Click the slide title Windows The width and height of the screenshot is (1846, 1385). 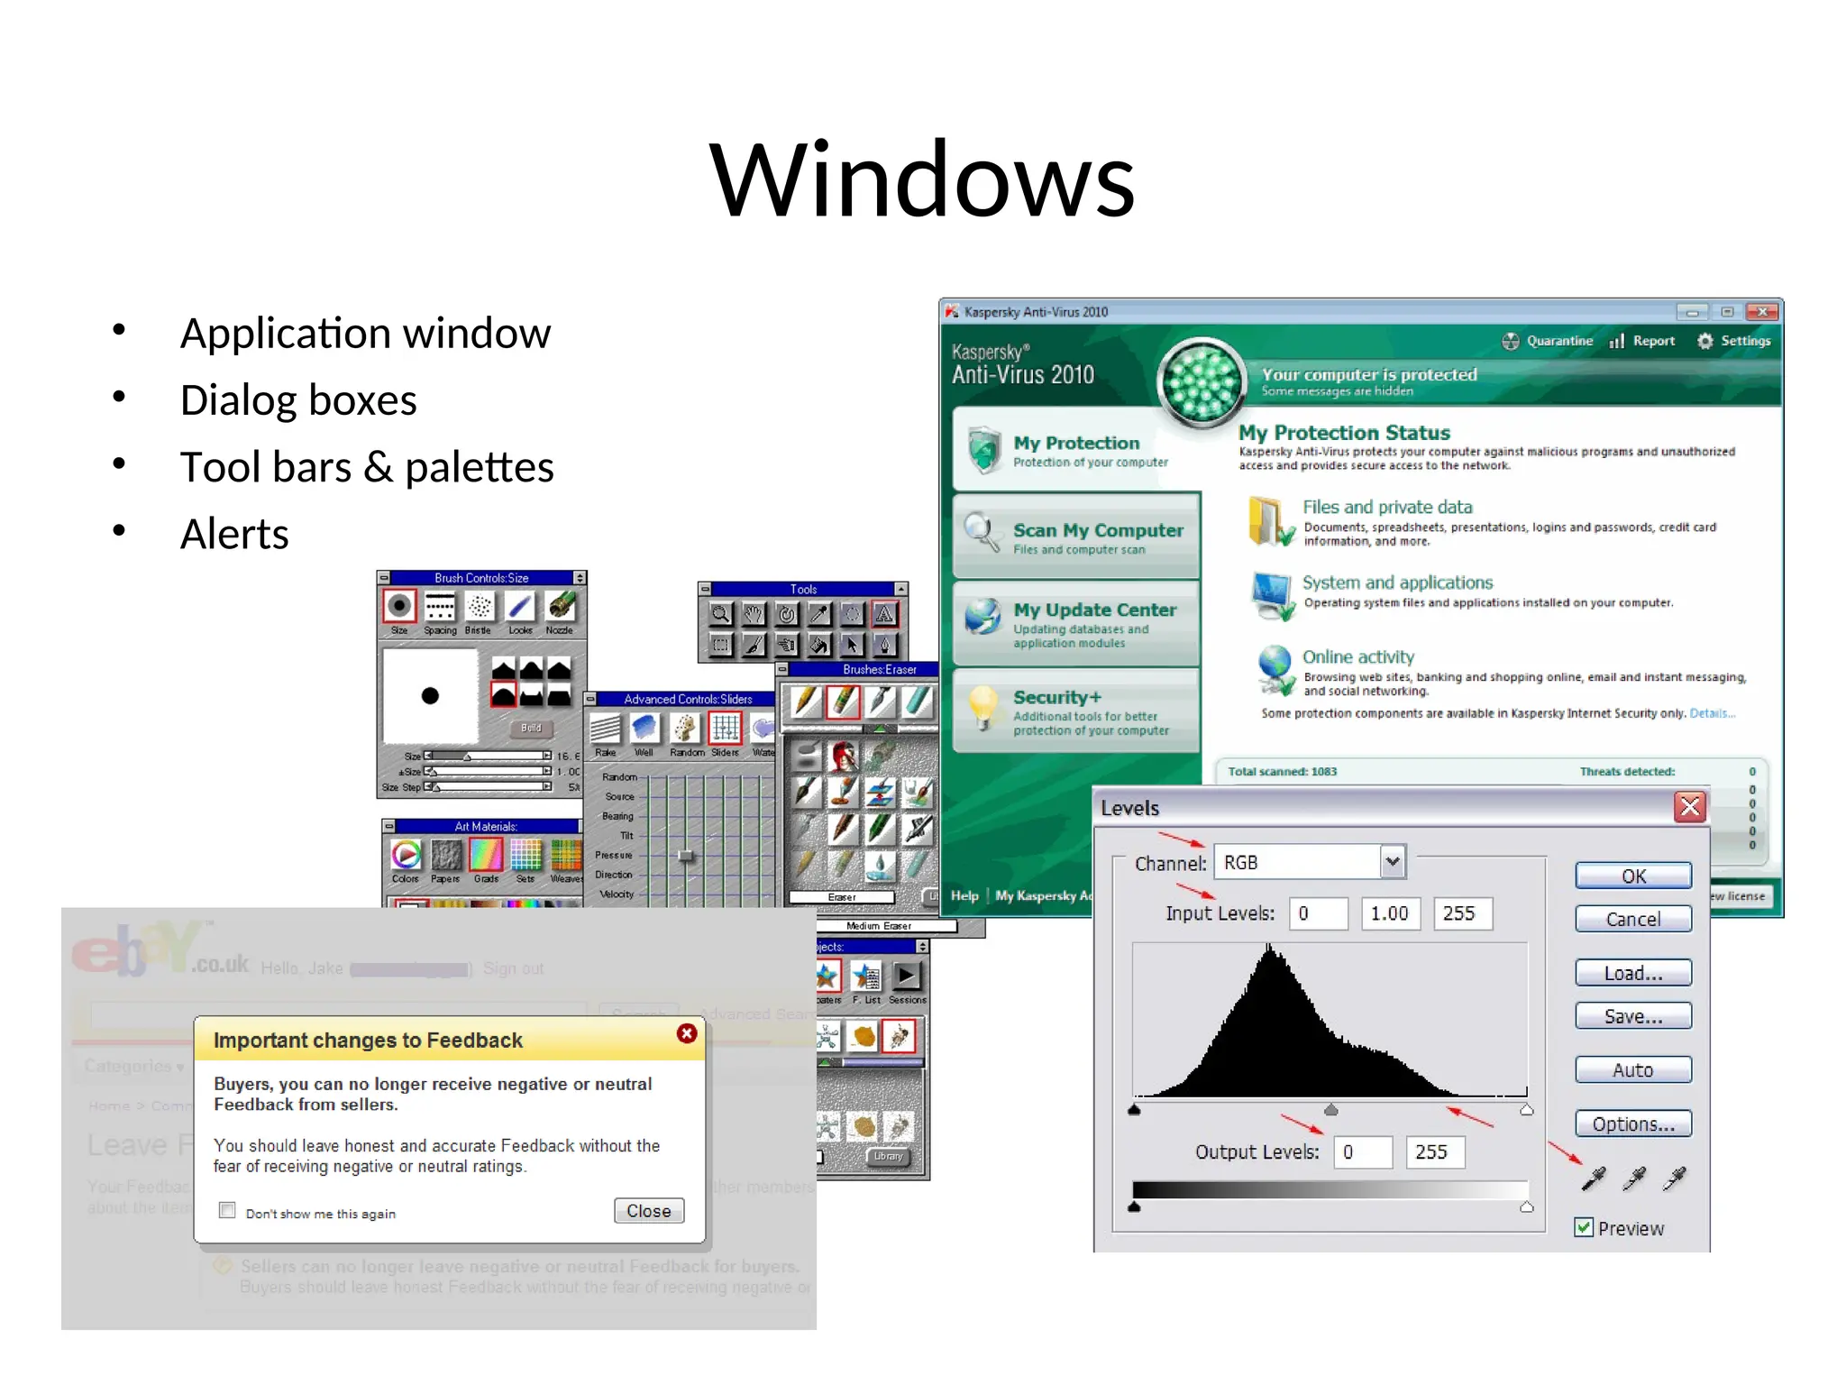pyautogui.click(x=922, y=179)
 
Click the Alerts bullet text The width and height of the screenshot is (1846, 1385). pyautogui.click(x=234, y=534)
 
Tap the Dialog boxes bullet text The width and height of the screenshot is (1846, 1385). pyautogui.click(x=298, y=400)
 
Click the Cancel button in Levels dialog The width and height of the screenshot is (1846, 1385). pyautogui.click(x=1632, y=919)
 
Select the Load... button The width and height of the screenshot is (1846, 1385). pyautogui.click(x=1632, y=973)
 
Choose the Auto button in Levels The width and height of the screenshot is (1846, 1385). pyautogui.click(x=1632, y=1069)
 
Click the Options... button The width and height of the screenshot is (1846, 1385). pyautogui.click(x=1632, y=1124)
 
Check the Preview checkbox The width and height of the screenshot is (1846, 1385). pyautogui.click(x=1584, y=1227)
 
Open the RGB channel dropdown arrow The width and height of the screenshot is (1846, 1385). pyautogui.click(x=1393, y=862)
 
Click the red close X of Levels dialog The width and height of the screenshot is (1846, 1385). pyautogui.click(x=1690, y=806)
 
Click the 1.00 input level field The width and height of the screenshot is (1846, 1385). pyautogui.click(x=1389, y=913)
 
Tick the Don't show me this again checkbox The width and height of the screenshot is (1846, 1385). pyautogui.click(x=227, y=1210)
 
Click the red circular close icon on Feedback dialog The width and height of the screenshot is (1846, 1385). pyautogui.click(x=687, y=1033)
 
